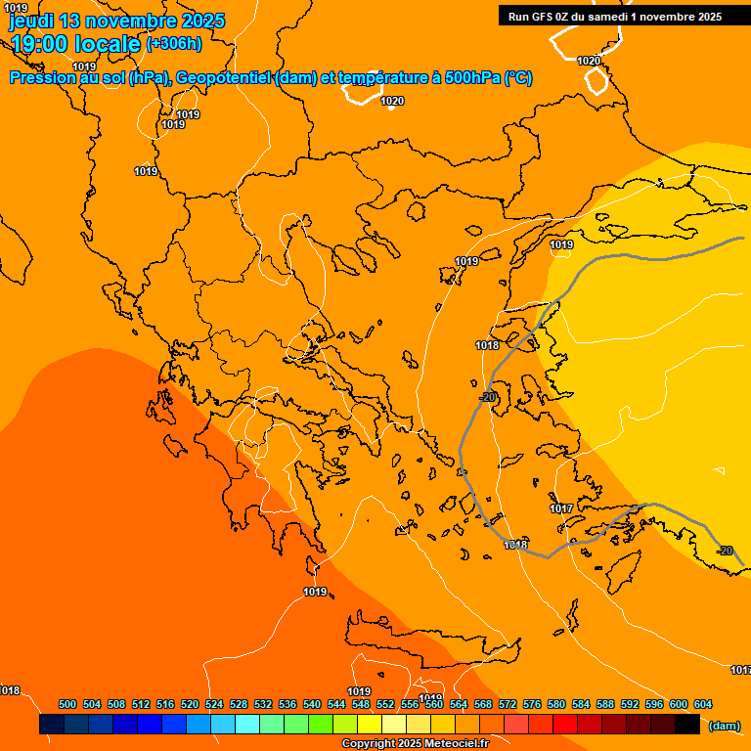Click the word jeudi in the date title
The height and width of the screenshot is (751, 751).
click(x=31, y=21)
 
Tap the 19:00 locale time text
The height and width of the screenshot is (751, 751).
click(x=76, y=43)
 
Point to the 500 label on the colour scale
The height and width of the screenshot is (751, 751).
click(x=67, y=704)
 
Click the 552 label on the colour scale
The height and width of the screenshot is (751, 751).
click(x=385, y=704)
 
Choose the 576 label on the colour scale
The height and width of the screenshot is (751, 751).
click(x=532, y=704)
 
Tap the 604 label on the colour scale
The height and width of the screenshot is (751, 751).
click(x=703, y=704)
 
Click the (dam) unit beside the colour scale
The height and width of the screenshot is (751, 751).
click(x=724, y=726)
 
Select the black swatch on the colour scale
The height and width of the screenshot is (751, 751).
click(x=687, y=725)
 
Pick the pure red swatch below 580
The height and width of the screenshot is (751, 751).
click(x=565, y=725)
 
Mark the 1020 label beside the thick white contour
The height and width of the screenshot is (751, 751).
click(x=589, y=62)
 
